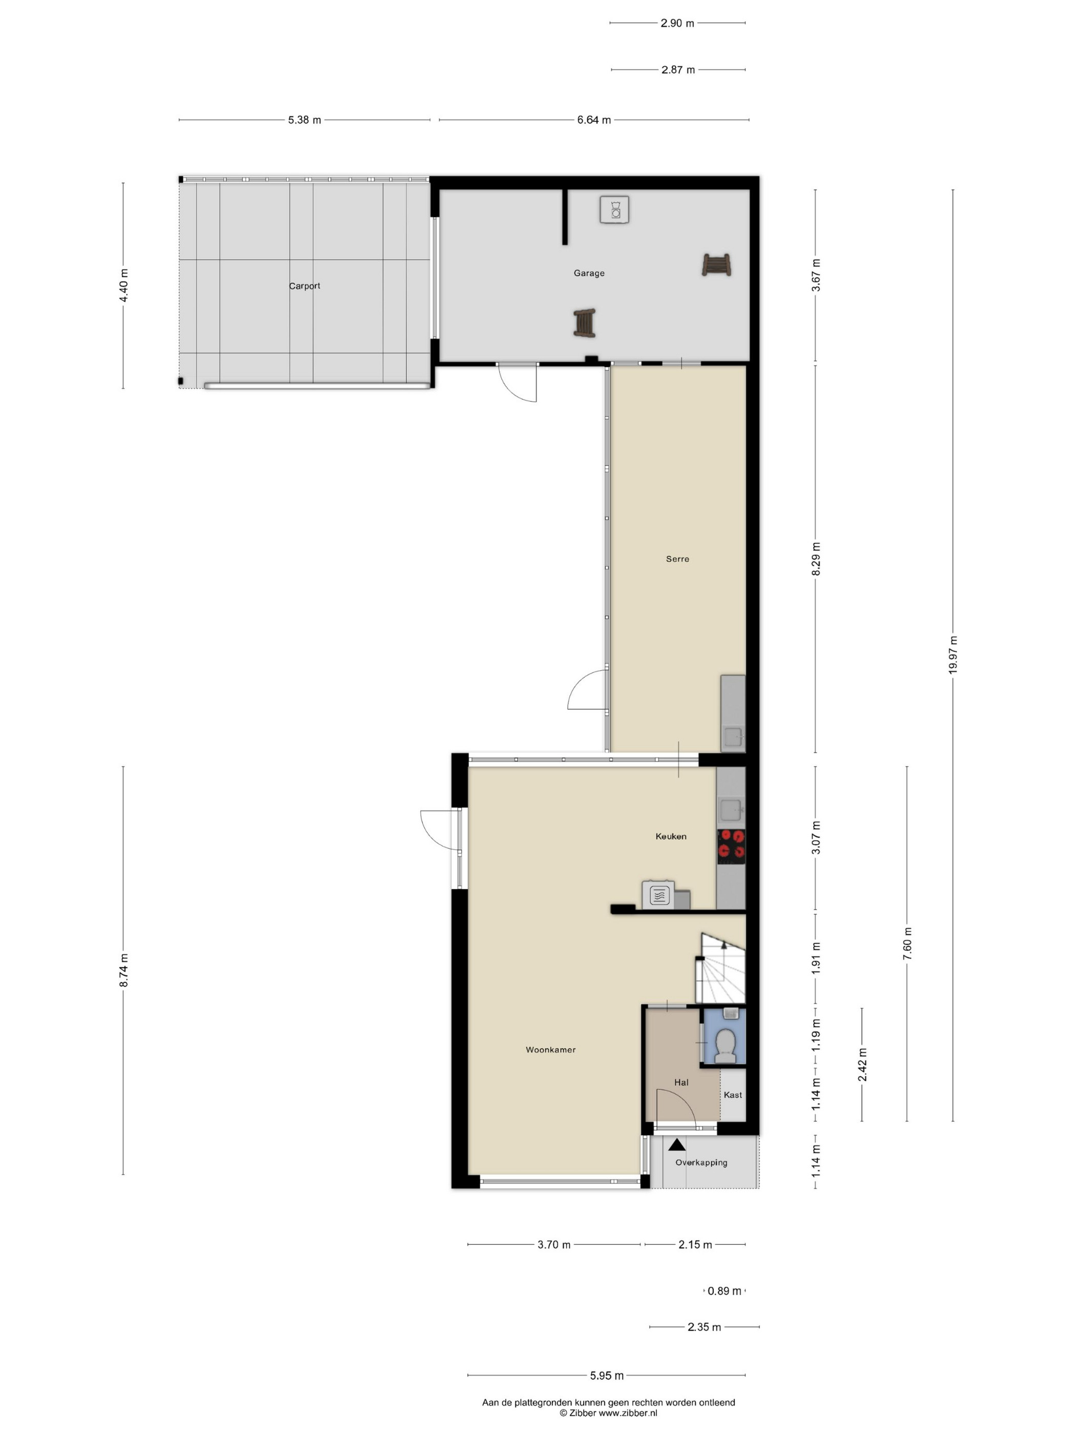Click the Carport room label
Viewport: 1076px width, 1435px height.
(x=304, y=286)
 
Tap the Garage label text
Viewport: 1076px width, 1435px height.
(x=589, y=273)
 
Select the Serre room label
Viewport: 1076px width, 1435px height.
(x=678, y=559)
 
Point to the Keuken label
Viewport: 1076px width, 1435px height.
(x=671, y=836)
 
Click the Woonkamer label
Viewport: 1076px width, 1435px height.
(x=551, y=1050)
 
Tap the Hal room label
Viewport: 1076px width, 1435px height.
(x=681, y=1082)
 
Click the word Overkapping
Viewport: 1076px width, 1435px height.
(x=701, y=1162)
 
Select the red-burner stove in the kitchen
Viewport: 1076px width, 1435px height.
(x=731, y=846)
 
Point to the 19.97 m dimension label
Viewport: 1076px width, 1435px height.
(x=953, y=654)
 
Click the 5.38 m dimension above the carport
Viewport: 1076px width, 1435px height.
(x=305, y=120)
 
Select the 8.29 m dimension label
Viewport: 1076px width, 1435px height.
(x=816, y=559)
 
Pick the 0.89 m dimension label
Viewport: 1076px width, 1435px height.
(x=725, y=1291)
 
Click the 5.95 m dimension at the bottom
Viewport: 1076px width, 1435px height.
(x=607, y=1376)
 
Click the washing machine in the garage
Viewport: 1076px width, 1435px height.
(x=614, y=209)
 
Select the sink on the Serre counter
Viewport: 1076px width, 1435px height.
(x=733, y=737)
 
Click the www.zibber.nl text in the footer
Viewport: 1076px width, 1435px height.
(x=628, y=1412)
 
